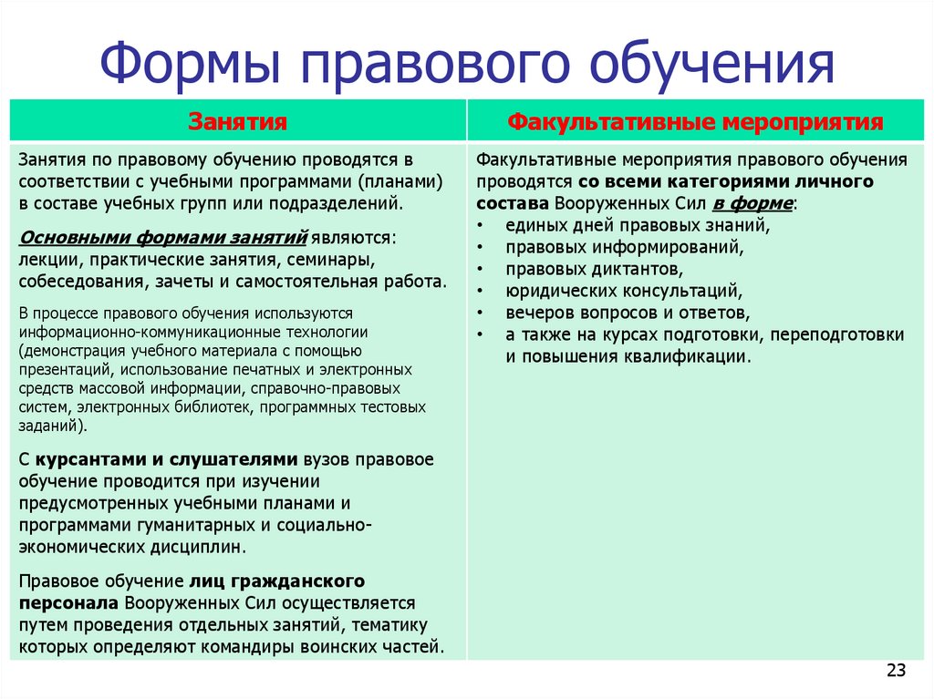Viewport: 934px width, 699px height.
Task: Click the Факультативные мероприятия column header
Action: [x=695, y=121]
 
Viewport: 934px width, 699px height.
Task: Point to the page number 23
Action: [x=896, y=672]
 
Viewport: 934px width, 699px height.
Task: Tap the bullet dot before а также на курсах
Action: [x=481, y=334]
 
